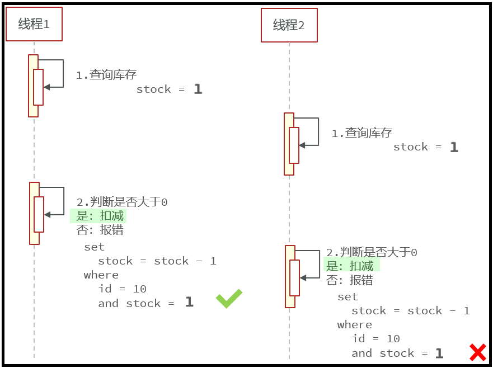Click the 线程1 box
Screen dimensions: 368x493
(34, 25)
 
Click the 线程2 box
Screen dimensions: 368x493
(289, 25)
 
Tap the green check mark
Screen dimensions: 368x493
(229, 299)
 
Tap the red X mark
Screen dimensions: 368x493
(477, 352)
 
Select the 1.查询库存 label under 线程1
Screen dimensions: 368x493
(106, 75)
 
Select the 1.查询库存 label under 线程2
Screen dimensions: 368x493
(362, 133)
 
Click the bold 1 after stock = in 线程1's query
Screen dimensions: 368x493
(198, 89)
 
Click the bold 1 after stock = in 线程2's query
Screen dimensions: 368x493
(454, 147)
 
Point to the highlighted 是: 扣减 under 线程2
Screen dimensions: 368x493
(350, 266)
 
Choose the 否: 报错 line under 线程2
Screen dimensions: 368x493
(350, 280)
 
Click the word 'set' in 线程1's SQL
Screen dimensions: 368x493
(94, 247)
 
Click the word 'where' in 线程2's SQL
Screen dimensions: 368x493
(354, 324)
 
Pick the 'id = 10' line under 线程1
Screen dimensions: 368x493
(122, 289)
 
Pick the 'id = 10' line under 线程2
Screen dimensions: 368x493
(375, 338)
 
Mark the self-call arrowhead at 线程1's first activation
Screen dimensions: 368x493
(46, 87)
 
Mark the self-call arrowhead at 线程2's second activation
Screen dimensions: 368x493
(303, 277)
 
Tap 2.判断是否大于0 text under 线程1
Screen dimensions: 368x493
(122, 202)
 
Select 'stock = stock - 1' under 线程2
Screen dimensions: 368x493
(410, 310)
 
